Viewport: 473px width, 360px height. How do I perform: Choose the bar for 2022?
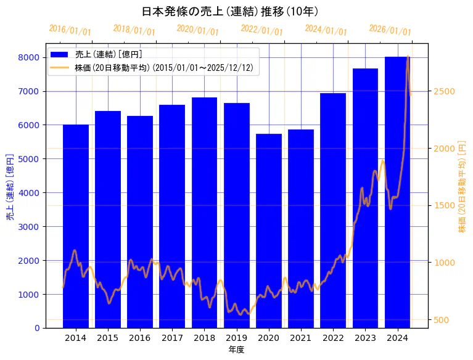pyautogui.click(x=333, y=210)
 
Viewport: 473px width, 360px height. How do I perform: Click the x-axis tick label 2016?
pyautogui.click(x=140, y=337)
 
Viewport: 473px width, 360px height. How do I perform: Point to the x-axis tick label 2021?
pyautogui.click(x=301, y=337)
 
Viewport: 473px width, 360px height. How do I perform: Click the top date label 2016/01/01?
pyautogui.click(x=70, y=30)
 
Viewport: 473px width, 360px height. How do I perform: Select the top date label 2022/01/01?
pyautogui.click(x=262, y=30)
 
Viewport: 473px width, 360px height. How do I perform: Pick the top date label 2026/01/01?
pyautogui.click(x=390, y=30)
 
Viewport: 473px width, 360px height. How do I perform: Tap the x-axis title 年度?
pyautogui.click(x=236, y=350)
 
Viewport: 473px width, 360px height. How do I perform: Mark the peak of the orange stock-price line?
pyautogui.click(x=408, y=57)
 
